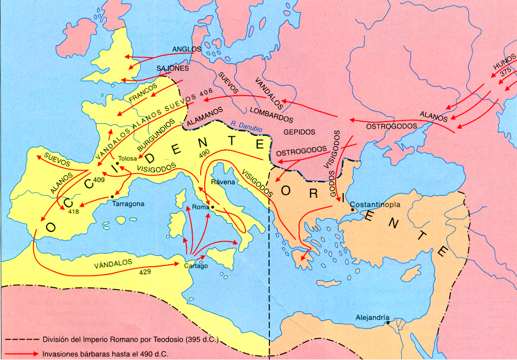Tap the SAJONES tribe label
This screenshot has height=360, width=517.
coord(172,68)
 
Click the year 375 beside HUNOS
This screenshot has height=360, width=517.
coord(505,72)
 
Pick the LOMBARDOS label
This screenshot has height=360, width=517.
coord(272,114)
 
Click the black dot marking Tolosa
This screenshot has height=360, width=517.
coord(117,163)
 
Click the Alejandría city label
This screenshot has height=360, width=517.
coord(373,317)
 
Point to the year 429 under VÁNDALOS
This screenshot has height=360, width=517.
coord(145,273)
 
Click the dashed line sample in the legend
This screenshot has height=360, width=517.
coord(21,339)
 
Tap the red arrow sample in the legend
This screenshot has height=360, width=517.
coord(21,353)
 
